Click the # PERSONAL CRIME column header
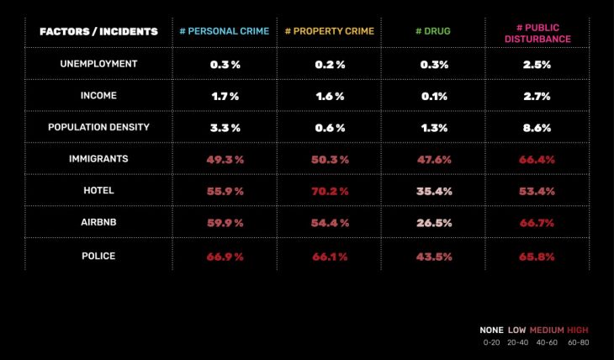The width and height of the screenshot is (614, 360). pyautogui.click(x=225, y=32)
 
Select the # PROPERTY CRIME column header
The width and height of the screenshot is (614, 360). pyautogui.click(x=330, y=32)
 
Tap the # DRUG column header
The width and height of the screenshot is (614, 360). pyautogui.click(x=433, y=32)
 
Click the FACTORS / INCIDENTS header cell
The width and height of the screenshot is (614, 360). pyautogui.click(x=98, y=32)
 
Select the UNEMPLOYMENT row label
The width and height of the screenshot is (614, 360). pyautogui.click(x=98, y=64)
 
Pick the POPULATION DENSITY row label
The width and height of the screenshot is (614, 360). pyautogui.click(x=98, y=127)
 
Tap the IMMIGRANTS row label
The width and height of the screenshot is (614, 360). pyautogui.click(x=98, y=159)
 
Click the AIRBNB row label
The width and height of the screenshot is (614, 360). pyautogui.click(x=98, y=222)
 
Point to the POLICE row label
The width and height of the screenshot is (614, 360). pyautogui.click(x=98, y=255)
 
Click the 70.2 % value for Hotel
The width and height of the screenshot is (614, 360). pyautogui.click(x=330, y=191)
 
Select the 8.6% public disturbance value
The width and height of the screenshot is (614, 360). pyautogui.click(x=537, y=128)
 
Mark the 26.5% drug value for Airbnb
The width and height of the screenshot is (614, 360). pyautogui.click(x=434, y=223)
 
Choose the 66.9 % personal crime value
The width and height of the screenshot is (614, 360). pyautogui.click(x=225, y=256)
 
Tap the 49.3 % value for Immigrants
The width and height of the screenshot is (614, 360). pyautogui.click(x=225, y=160)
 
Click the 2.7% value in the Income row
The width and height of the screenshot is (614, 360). pyautogui.click(x=537, y=96)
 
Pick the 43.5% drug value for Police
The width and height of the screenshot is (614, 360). pyautogui.click(x=434, y=256)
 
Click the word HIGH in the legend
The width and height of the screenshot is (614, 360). pyautogui.click(x=578, y=330)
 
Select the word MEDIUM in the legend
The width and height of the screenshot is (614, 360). pyautogui.click(x=546, y=330)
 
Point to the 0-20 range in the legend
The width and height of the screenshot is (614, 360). pyautogui.click(x=491, y=342)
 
